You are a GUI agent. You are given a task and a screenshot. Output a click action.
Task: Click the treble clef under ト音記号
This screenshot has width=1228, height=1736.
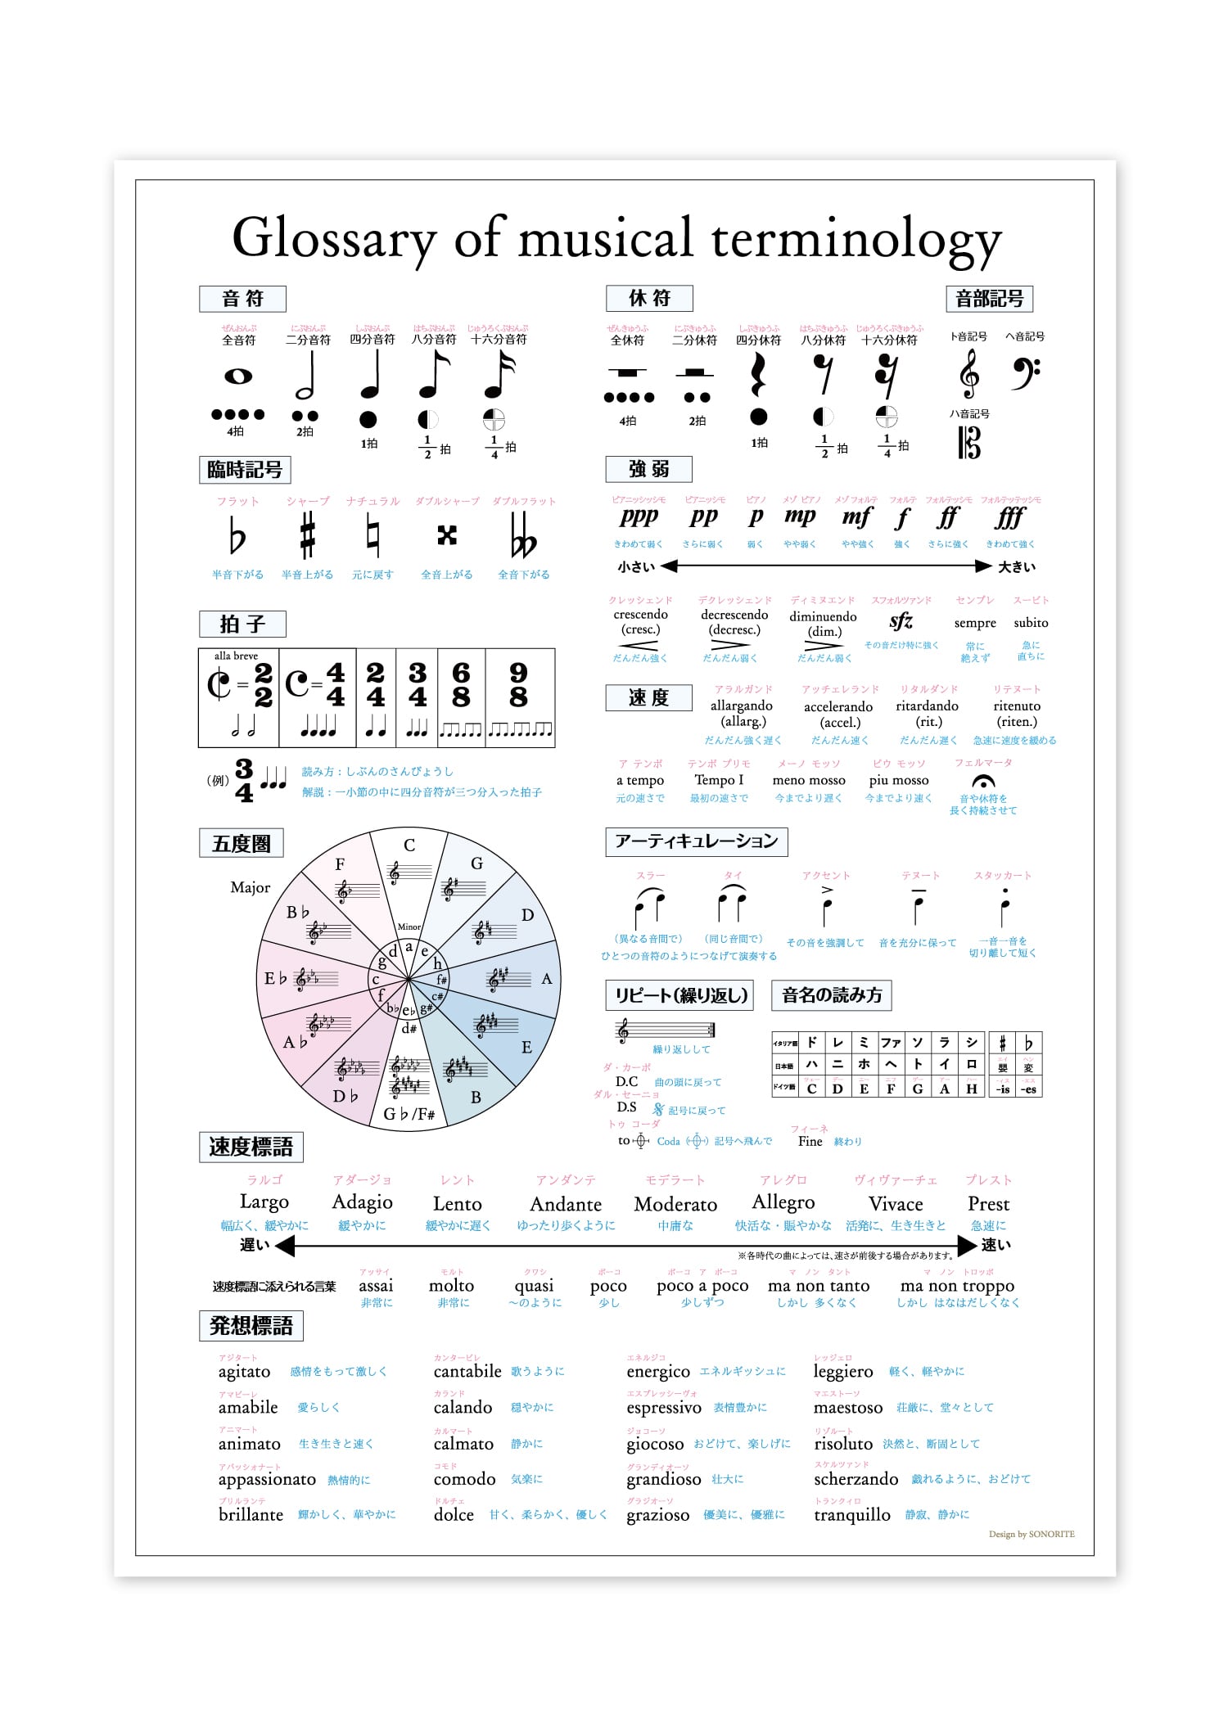pyautogui.click(x=969, y=373)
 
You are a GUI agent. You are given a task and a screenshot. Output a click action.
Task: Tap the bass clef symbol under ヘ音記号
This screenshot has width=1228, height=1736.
pyautogui.click(x=1024, y=372)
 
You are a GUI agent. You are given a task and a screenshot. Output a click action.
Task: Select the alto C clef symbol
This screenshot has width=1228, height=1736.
pyautogui.click(x=969, y=443)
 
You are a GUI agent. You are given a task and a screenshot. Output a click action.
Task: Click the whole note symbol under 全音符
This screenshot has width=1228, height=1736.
pyautogui.click(x=238, y=377)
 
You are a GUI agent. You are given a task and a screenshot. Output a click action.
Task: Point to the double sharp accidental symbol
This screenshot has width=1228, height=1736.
pyautogui.click(x=446, y=535)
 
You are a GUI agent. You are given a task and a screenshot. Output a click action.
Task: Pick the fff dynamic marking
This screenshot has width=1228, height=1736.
pyautogui.click(x=1011, y=517)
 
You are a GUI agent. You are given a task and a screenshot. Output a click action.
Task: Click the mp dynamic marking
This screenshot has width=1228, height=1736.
pyautogui.click(x=800, y=516)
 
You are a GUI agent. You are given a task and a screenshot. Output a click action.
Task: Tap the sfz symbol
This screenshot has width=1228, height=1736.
pyautogui.click(x=901, y=621)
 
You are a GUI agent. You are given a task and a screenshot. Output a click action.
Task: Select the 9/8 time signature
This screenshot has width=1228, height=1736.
pyautogui.click(x=518, y=684)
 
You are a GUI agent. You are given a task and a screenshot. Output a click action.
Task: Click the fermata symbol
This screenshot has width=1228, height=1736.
pyautogui.click(x=983, y=782)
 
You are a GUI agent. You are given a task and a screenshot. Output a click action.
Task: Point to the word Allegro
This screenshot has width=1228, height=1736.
pyautogui.click(x=783, y=1202)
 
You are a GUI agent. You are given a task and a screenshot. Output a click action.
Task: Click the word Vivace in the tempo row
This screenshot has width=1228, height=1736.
pyautogui.click(x=896, y=1204)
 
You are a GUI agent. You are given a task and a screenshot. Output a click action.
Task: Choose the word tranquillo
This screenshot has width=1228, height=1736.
pyautogui.click(x=851, y=1515)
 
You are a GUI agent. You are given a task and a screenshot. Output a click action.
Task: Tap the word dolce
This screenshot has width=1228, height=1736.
pyautogui.click(x=454, y=1515)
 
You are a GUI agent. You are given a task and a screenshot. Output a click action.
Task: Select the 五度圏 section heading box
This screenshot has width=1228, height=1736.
pyautogui.click(x=242, y=843)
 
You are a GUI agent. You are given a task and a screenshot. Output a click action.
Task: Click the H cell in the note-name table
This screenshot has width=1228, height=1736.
pyautogui.click(x=972, y=1089)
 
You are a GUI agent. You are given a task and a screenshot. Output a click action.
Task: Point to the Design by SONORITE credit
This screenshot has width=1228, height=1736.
pyautogui.click(x=1032, y=1534)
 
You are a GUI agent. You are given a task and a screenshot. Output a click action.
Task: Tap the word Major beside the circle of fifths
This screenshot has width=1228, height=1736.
pyautogui.click(x=250, y=887)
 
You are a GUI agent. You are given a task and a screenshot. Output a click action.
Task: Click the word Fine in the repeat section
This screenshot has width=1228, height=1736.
pyautogui.click(x=810, y=1141)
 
